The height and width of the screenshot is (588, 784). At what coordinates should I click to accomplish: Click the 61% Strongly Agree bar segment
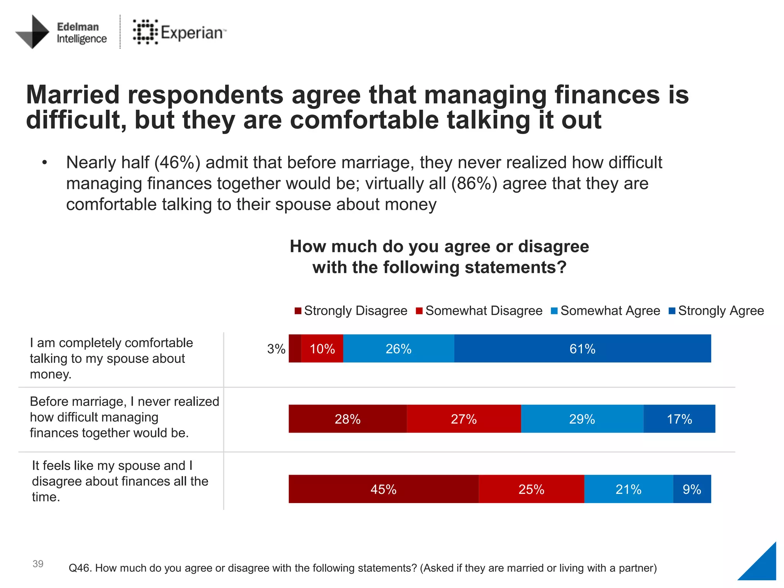(x=582, y=348)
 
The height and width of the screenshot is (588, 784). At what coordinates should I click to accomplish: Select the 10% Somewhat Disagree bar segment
(x=322, y=348)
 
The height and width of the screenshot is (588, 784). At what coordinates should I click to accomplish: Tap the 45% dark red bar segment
(x=383, y=489)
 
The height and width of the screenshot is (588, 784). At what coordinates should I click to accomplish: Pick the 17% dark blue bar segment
(x=679, y=419)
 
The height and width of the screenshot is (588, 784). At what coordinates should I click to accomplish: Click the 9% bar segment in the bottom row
(x=692, y=489)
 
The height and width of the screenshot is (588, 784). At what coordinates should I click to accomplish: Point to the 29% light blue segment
(x=582, y=419)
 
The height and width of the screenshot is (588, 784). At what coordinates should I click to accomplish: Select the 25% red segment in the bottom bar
(x=531, y=489)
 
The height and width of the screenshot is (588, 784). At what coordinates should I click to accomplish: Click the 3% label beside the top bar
(x=276, y=349)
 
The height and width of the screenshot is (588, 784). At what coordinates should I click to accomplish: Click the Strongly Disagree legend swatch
(x=298, y=311)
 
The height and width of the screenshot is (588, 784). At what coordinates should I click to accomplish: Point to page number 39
(x=38, y=563)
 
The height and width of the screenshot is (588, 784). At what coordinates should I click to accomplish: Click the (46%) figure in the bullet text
(x=177, y=162)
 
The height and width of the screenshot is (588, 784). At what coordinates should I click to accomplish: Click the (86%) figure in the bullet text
(x=474, y=183)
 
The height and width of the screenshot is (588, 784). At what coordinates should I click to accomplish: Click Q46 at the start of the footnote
(x=80, y=568)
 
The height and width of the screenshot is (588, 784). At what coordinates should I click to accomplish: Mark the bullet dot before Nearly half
(x=45, y=163)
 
